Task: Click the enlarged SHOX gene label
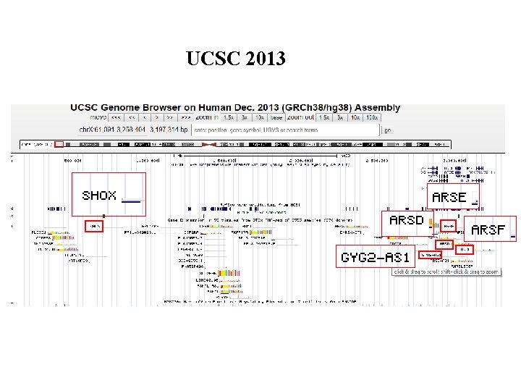pos(99,195)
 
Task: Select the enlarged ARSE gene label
pos(449,197)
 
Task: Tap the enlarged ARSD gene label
pos(406,220)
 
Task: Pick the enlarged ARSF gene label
pos(488,230)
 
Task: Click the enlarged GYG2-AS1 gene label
pos(376,257)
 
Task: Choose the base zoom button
pos(276,117)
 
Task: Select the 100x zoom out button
pos(372,117)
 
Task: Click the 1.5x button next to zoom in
pos(229,117)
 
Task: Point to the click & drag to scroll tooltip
pos(446,272)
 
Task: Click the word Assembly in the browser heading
pos(376,107)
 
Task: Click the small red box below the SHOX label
pos(94,226)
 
